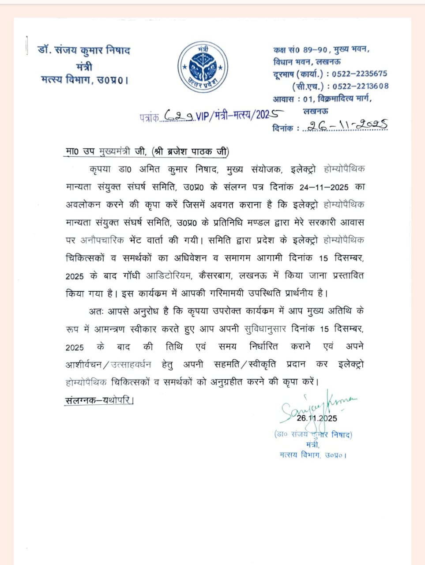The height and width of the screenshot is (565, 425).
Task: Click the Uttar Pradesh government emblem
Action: [x=203, y=68]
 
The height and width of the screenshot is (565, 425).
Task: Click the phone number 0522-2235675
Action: [x=359, y=74]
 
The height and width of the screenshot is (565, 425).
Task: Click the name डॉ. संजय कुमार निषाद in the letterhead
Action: [x=84, y=50]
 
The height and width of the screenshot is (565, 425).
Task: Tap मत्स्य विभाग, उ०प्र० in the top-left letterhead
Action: [x=84, y=80]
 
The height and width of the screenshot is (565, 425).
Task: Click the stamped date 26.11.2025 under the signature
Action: [x=316, y=418]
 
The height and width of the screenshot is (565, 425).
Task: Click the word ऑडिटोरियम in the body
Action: [x=169, y=275]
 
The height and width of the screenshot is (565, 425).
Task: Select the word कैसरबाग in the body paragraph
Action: [x=215, y=275]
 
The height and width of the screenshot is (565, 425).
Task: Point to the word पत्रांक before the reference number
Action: [x=149, y=117]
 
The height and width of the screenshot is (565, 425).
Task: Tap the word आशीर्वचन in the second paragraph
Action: [x=84, y=365]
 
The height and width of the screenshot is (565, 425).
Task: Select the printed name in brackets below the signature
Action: [x=313, y=435]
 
